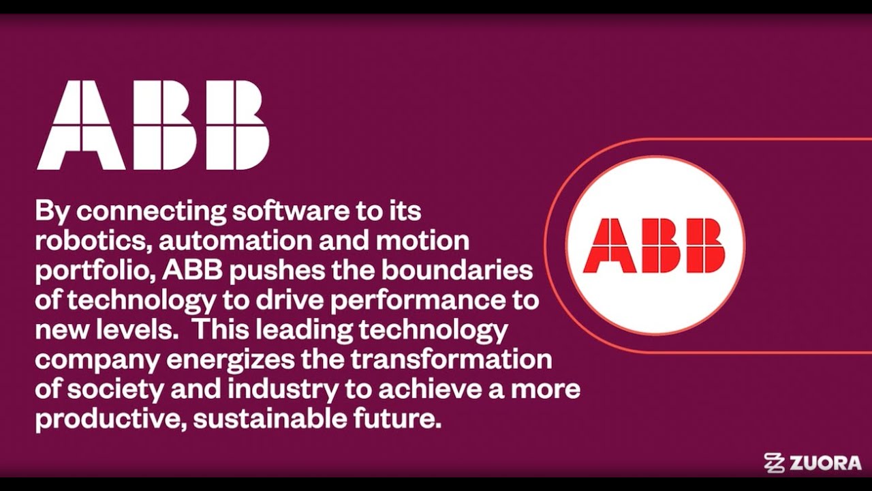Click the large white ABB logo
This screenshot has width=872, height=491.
(x=153, y=125)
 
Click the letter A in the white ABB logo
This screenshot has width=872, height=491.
(x=82, y=125)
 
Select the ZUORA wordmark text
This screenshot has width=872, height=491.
(x=825, y=464)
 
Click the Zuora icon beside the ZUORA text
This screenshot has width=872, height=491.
(x=775, y=463)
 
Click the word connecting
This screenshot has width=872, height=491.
(x=151, y=211)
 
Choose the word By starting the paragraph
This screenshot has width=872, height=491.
(x=52, y=211)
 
